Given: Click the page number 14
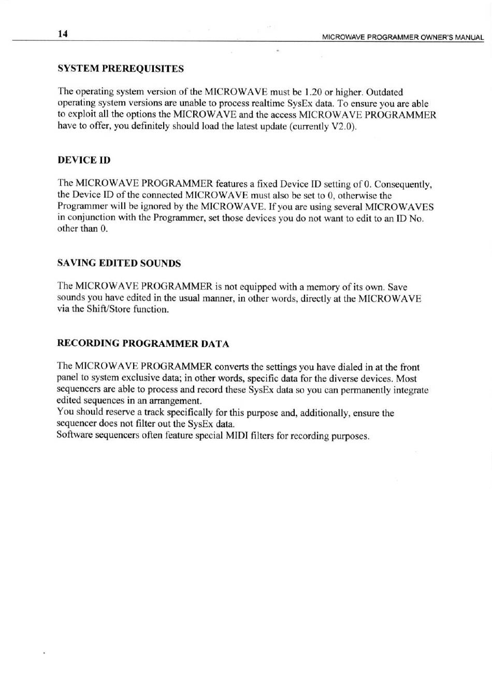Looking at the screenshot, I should [63, 34].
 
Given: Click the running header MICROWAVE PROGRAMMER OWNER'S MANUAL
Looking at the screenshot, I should [403, 37].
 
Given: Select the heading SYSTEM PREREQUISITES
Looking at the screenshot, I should [121, 68].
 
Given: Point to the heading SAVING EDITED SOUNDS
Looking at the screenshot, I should [119, 263].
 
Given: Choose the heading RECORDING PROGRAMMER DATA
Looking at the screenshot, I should [143, 344].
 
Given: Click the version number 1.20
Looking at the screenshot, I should [314, 92].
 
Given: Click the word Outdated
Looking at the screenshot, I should [384, 92].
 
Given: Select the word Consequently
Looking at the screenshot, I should [403, 184].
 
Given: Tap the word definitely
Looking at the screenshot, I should [150, 126].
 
